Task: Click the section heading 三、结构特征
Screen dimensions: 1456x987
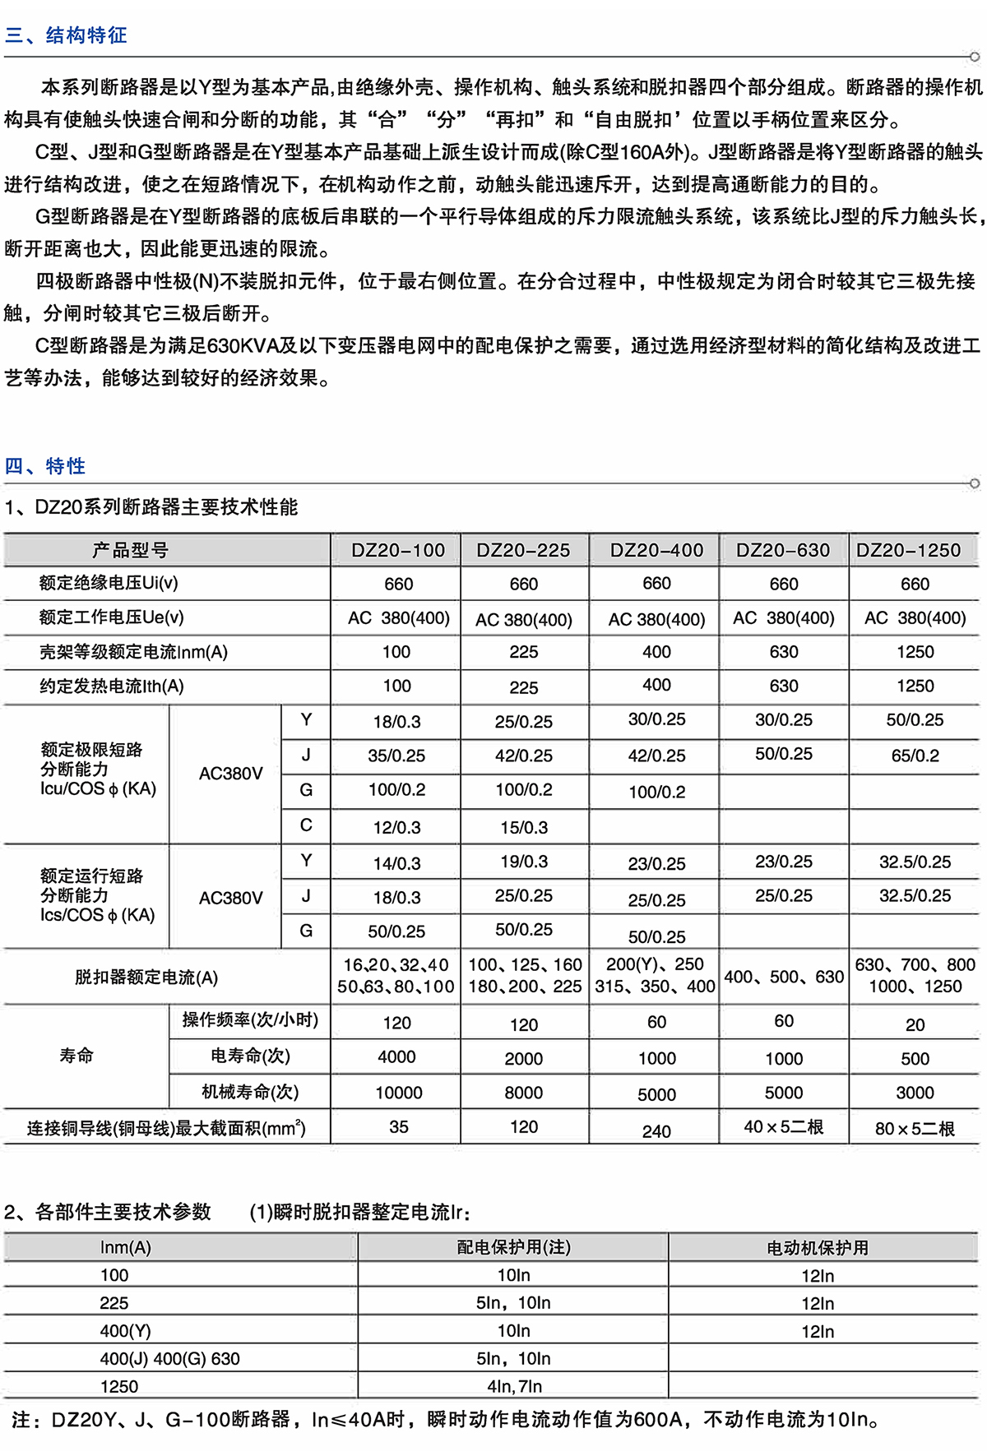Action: pos(66,35)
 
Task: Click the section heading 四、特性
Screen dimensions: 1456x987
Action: pos(45,466)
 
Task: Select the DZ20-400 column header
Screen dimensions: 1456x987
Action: pos(656,550)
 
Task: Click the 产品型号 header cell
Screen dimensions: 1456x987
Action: pos(130,550)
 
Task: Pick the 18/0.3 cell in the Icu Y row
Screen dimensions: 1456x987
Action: pos(396,722)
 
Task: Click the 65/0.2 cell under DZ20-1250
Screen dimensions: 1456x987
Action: pos(915,756)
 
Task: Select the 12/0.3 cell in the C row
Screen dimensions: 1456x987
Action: pos(396,827)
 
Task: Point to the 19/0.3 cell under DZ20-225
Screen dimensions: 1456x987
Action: pos(524,862)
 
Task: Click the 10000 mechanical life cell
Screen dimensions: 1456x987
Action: pos(399,1093)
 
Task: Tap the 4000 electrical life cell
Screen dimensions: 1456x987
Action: pos(396,1057)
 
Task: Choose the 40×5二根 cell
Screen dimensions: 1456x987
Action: pos(783,1127)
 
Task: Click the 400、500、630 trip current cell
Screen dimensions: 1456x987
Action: pos(783,977)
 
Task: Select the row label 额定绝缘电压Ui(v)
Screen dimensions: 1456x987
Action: pos(109,583)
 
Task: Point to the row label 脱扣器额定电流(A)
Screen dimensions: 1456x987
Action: pos(146,978)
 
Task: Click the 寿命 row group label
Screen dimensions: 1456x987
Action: pos(76,1056)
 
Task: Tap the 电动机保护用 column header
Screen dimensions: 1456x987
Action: pos(818,1248)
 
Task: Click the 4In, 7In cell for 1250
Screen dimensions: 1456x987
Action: pos(514,1386)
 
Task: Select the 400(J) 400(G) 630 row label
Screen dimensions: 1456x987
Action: pos(169,1359)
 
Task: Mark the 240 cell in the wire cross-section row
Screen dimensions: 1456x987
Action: pos(656,1131)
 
